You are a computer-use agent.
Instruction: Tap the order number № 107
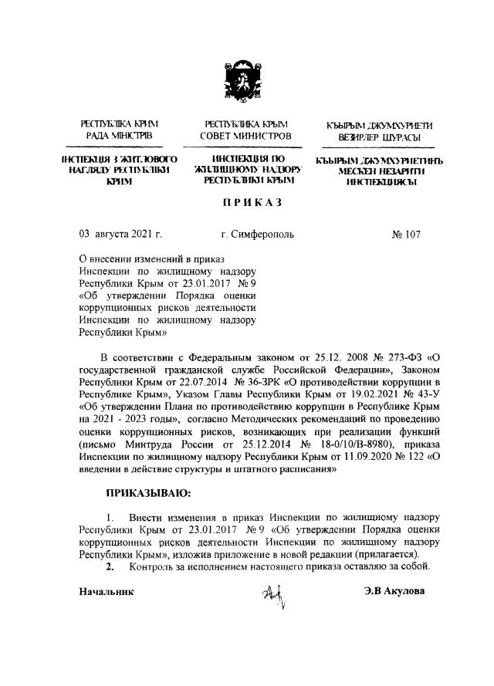tap(407, 232)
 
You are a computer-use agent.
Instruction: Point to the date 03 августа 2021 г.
tap(120, 232)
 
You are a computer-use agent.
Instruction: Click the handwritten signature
tap(273, 595)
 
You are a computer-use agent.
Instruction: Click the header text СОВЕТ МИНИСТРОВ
tap(246, 137)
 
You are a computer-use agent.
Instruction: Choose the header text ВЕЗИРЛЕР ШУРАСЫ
tap(377, 138)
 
